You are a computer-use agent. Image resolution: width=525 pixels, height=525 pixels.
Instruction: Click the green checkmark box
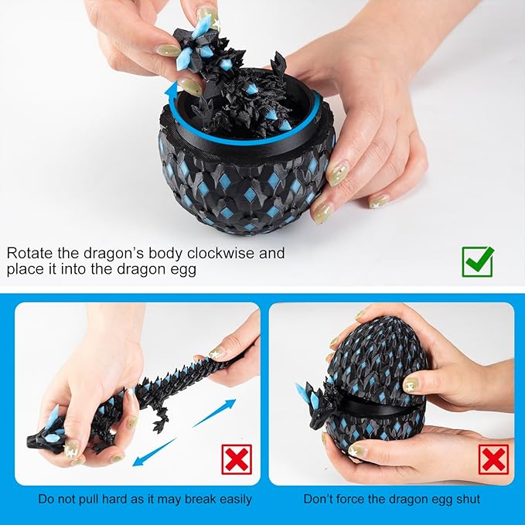pos(477,261)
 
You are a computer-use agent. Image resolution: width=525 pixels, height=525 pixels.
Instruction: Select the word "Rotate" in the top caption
pos(30,253)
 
